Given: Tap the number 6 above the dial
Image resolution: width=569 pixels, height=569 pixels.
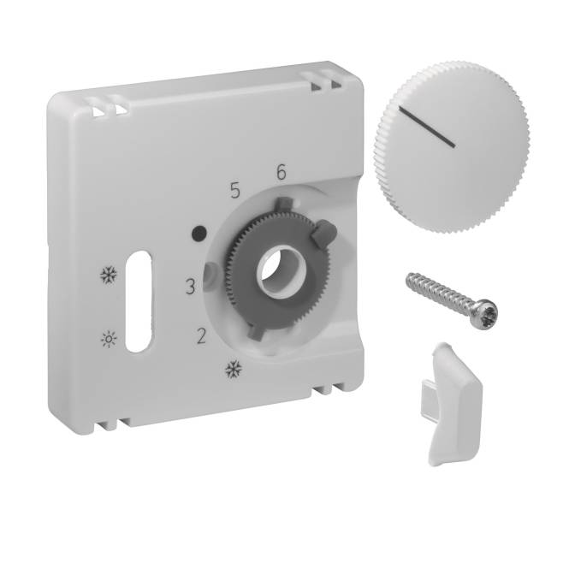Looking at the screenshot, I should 281,171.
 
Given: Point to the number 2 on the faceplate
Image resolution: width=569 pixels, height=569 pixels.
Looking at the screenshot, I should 202,335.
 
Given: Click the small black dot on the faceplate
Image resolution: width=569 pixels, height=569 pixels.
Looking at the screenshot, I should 198,231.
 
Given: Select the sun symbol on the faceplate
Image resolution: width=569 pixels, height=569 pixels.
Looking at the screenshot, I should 108,335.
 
